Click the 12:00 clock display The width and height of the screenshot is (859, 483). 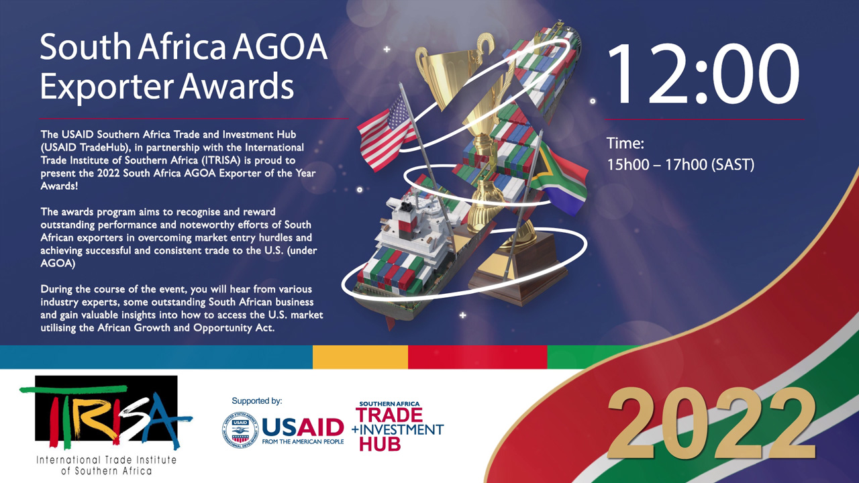click(704, 74)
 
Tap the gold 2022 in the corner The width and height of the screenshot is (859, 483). click(712, 423)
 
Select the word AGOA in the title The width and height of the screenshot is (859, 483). click(280, 47)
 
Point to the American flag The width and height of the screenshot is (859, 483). click(385, 133)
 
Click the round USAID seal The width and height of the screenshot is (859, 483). click(240, 430)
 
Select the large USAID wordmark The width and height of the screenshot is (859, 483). click(303, 427)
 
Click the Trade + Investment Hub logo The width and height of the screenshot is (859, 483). click(398, 426)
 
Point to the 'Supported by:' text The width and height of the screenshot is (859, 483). click(256, 401)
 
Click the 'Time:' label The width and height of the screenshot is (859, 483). click(625, 144)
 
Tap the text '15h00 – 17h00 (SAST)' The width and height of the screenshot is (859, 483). click(680, 164)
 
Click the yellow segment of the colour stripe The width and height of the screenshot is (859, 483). click(360, 357)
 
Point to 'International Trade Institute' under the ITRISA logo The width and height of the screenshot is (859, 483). click(106, 460)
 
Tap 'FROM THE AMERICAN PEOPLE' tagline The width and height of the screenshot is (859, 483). click(303, 441)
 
